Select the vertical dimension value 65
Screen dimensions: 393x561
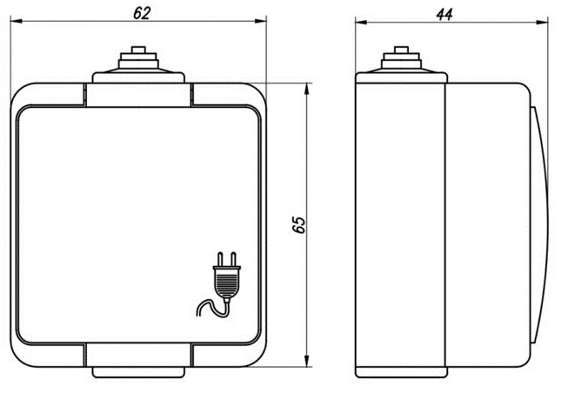pyautogui.click(x=298, y=224)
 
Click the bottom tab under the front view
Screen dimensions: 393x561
pyautogui.click(x=138, y=372)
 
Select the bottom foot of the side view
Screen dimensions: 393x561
pyautogui.click(x=402, y=372)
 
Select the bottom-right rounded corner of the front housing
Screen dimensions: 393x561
pyautogui.click(x=256, y=356)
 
